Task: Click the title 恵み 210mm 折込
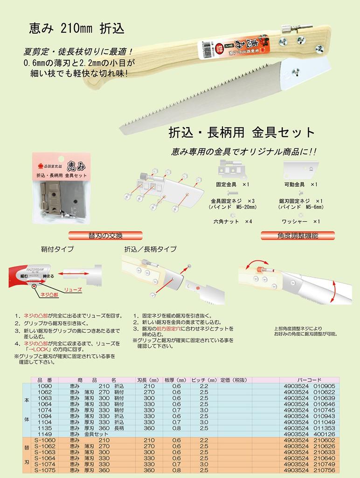click(77, 30)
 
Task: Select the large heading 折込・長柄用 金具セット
click(242, 132)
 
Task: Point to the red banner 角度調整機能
click(296, 236)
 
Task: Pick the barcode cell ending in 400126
click(309, 433)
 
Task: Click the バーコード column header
click(309, 380)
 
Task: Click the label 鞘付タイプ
click(57, 249)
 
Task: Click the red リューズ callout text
click(73, 289)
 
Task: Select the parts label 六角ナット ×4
click(233, 221)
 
